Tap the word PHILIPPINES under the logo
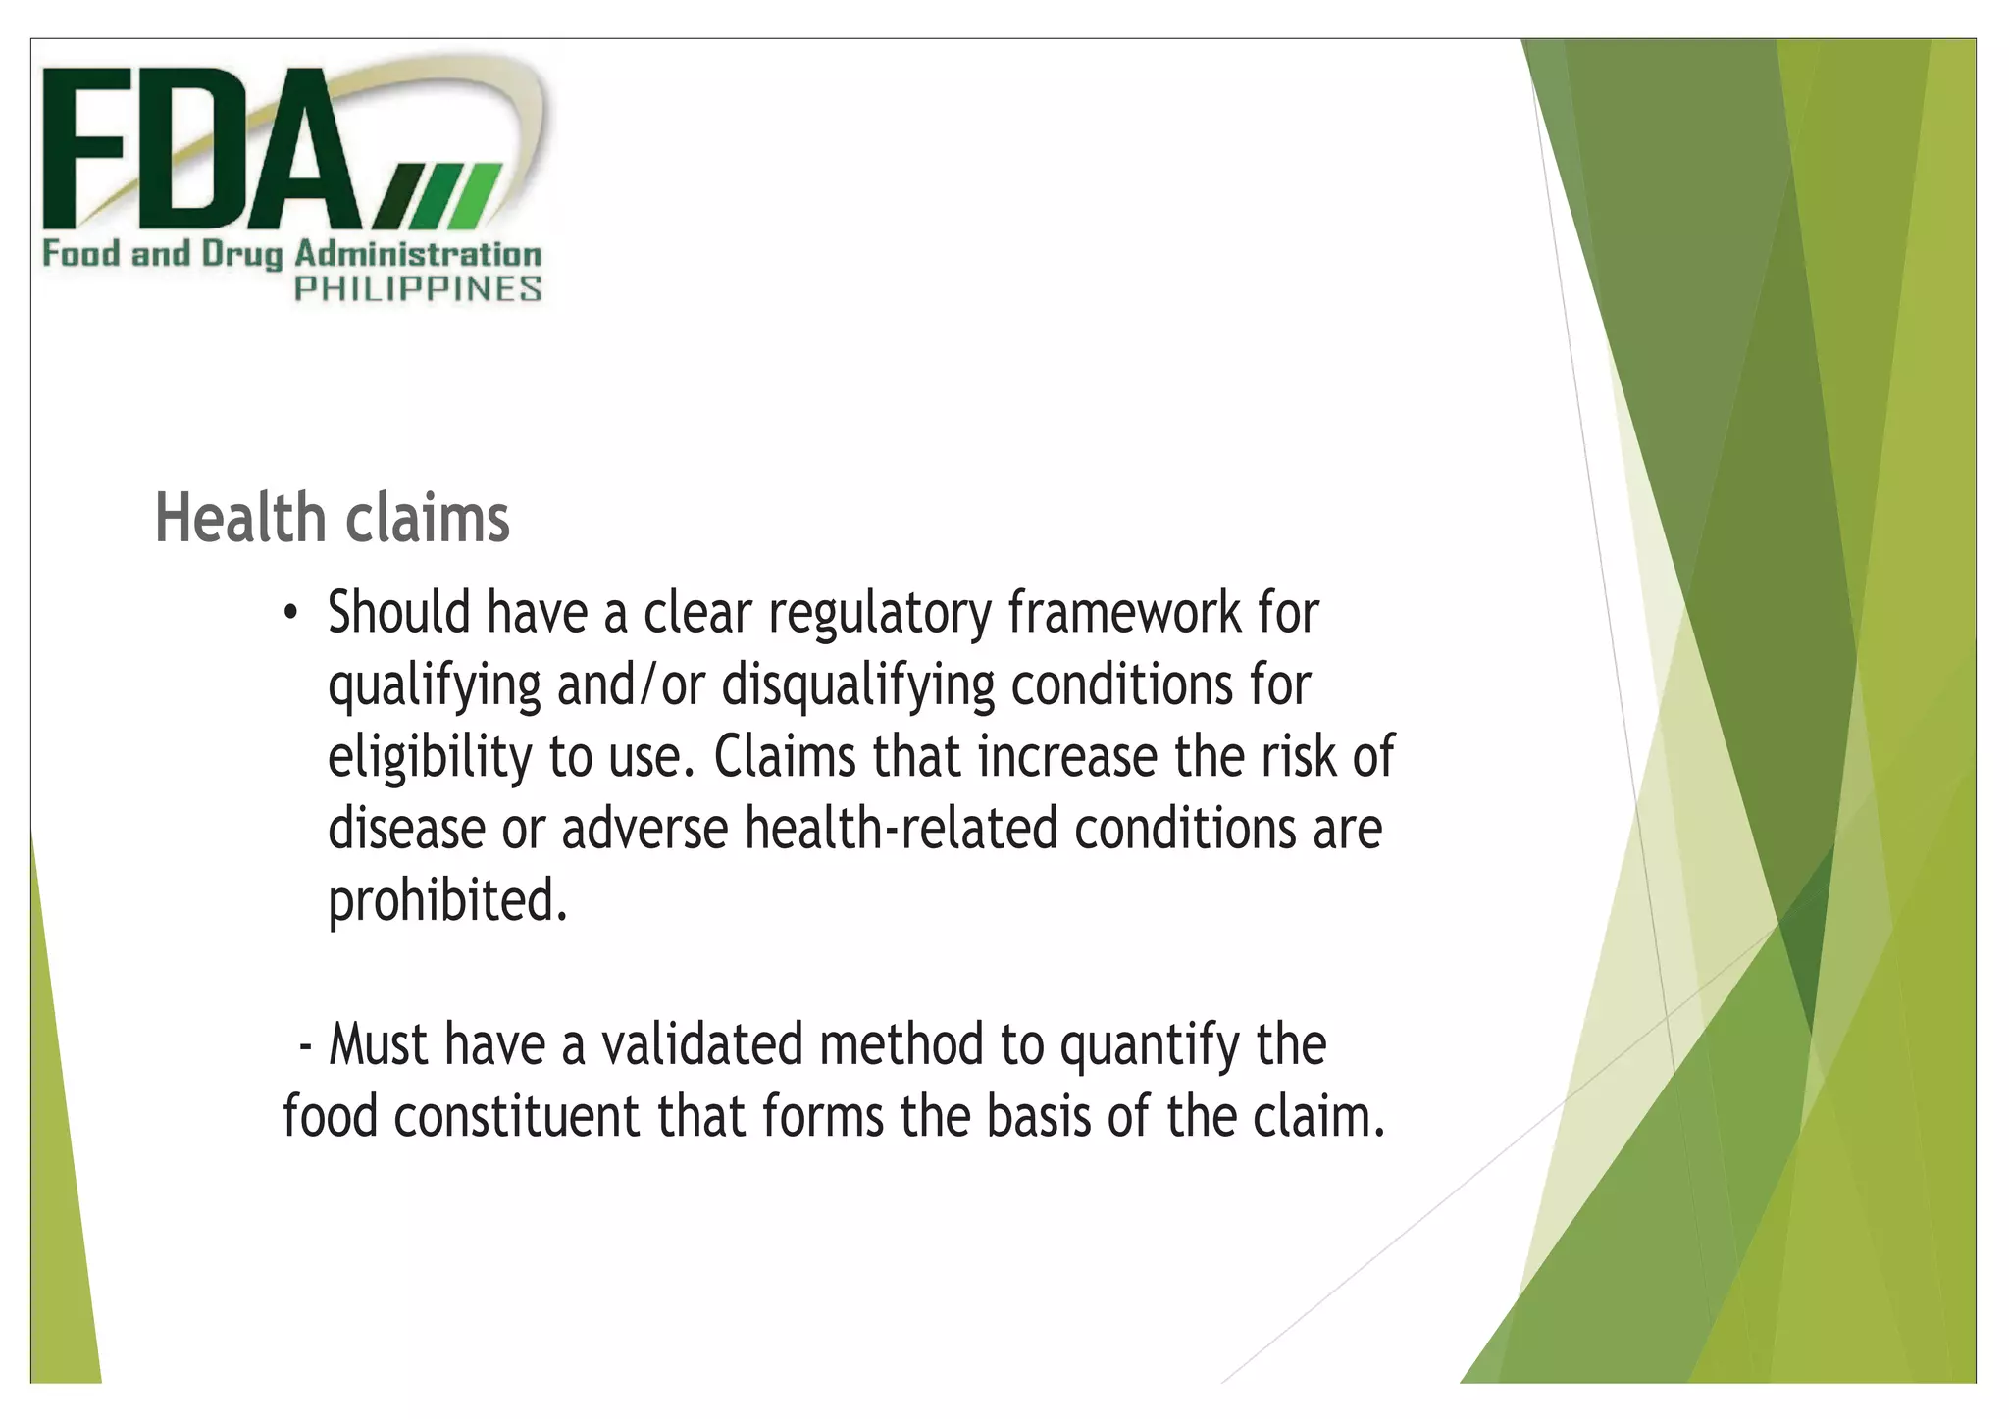coord(418,289)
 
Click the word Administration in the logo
coord(418,255)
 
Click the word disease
coord(406,829)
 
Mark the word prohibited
coord(447,901)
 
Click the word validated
coord(702,1044)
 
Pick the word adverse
coord(644,829)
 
